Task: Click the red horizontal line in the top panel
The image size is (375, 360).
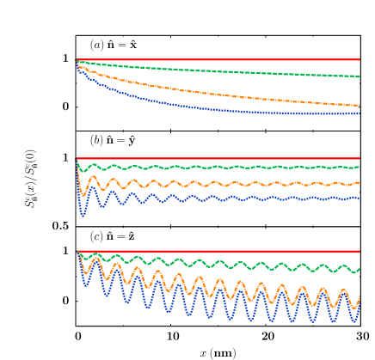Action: pos(215,59)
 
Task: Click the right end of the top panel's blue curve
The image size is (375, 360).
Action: pos(360,113)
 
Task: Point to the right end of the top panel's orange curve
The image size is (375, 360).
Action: pos(360,106)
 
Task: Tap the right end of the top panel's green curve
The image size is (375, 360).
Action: pos(360,76)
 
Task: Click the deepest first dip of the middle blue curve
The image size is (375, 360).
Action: pos(83,215)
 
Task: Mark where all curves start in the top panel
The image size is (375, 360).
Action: pos(77,59)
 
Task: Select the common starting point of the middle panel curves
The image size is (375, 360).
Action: pos(77,158)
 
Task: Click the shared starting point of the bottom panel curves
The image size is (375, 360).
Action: pos(77,251)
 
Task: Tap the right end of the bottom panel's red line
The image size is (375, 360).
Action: pos(360,251)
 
